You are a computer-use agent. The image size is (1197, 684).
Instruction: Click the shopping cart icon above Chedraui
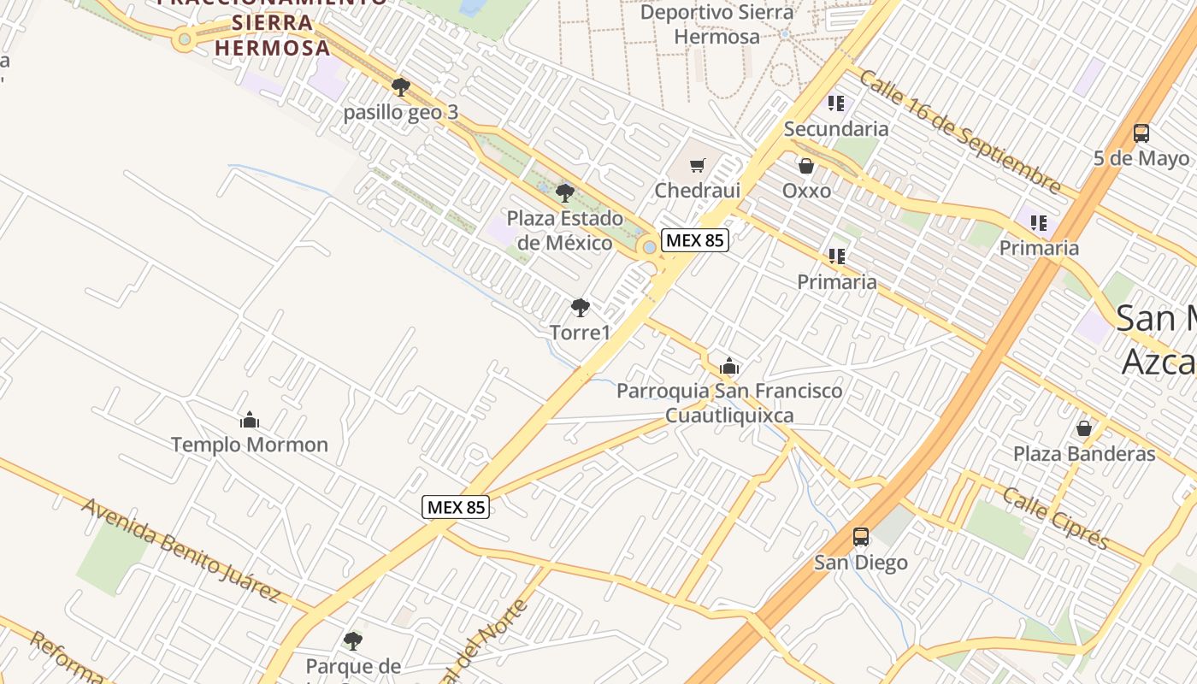(x=698, y=166)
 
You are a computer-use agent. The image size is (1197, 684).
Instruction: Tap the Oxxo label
(x=806, y=190)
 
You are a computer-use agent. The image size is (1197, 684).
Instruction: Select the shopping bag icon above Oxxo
(x=805, y=166)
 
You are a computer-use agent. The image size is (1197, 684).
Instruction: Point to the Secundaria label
(x=835, y=129)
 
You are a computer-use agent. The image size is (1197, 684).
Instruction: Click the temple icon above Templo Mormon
(x=250, y=420)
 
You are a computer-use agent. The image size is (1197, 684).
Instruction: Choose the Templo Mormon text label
(x=250, y=445)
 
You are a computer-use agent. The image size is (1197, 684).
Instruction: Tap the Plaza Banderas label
(x=1083, y=453)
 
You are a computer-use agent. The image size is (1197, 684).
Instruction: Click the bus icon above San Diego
(x=861, y=537)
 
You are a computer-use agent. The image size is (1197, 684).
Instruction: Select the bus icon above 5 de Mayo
(x=1141, y=133)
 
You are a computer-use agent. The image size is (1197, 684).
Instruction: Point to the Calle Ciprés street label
(x=1055, y=518)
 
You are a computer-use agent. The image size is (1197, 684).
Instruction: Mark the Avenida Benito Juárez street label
(x=181, y=549)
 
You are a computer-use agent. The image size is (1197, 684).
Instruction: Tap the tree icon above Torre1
(x=580, y=308)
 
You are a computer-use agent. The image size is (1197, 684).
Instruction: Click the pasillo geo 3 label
(x=401, y=112)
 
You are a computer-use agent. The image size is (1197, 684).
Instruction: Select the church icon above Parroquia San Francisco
(x=728, y=367)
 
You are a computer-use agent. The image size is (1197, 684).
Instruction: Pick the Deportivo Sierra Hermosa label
(x=716, y=24)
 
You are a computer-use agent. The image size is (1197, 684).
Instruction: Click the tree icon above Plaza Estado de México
(x=564, y=193)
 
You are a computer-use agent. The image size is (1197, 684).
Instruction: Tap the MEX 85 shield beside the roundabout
(x=695, y=240)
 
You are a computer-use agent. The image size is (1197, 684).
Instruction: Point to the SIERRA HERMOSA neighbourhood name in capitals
(x=272, y=34)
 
